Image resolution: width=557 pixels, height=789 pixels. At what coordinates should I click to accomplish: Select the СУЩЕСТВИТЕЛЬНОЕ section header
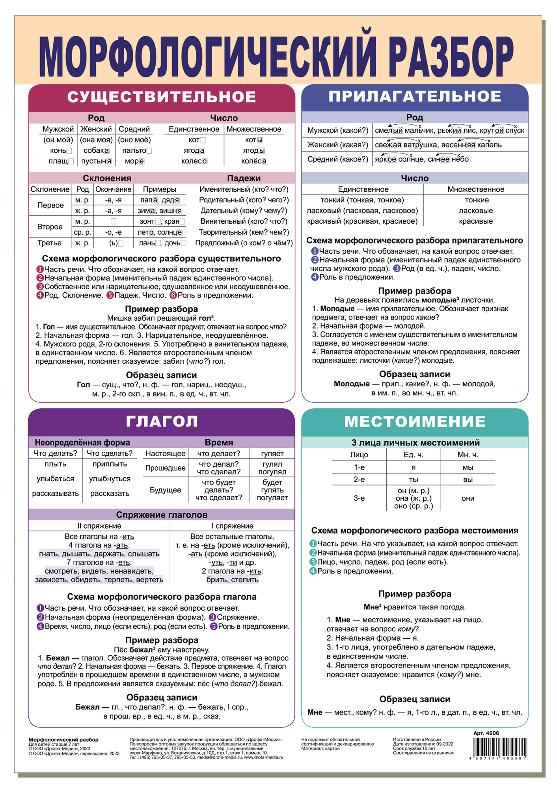[162, 97]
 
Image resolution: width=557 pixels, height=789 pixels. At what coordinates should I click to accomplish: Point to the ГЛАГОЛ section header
[162, 421]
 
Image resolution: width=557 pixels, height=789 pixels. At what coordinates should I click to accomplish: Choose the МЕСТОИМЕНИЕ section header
[415, 421]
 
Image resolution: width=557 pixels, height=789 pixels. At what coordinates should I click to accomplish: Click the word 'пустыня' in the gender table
[96, 161]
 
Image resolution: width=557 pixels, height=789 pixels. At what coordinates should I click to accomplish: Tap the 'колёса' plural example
[253, 161]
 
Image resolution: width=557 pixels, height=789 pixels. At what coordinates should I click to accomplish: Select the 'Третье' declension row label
[49, 243]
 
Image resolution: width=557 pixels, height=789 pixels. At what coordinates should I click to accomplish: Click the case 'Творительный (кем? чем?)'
[244, 232]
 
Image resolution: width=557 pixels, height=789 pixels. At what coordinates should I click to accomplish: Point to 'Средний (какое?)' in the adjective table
[337, 159]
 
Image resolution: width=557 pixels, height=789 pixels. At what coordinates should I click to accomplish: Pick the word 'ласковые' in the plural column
[476, 211]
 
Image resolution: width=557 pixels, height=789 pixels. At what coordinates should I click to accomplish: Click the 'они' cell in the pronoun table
[468, 498]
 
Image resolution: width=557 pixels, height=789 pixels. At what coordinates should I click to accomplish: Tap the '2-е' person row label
[359, 479]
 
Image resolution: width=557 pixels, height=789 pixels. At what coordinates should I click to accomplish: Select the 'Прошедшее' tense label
[165, 468]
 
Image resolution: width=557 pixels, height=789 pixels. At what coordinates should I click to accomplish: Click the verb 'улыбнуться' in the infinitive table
[110, 479]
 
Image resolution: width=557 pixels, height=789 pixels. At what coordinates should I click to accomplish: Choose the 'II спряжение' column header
[99, 526]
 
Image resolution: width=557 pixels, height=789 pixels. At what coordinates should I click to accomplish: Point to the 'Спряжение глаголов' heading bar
[162, 515]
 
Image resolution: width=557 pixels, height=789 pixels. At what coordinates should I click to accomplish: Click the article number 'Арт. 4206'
[486, 733]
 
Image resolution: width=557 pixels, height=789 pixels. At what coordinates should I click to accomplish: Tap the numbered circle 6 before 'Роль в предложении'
[173, 295]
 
